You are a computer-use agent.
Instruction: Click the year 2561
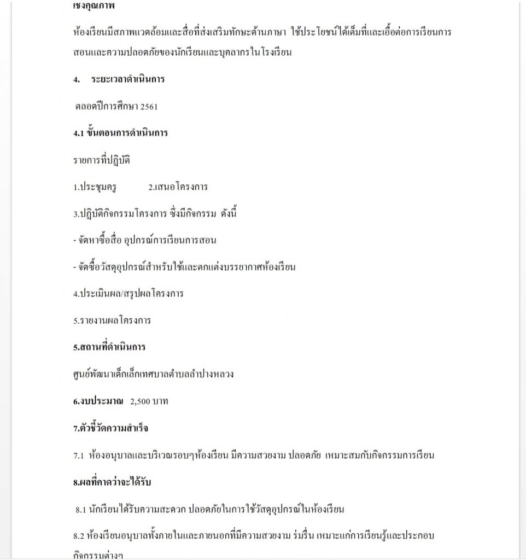pyautogui.click(x=149, y=107)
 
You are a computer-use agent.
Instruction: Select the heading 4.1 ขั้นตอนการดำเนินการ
pyautogui.click(x=120, y=133)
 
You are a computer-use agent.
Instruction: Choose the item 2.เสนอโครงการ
pyautogui.click(x=178, y=186)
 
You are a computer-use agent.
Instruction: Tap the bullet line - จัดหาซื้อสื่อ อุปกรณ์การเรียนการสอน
pyautogui.click(x=148, y=240)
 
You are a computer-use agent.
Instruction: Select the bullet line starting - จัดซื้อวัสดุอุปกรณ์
pyautogui.click(x=184, y=267)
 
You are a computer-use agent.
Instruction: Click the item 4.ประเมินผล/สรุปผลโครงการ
pyautogui.click(x=128, y=294)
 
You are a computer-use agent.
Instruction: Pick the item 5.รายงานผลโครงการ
pyautogui.click(x=112, y=320)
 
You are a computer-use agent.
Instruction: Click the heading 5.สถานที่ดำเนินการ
pyautogui.click(x=109, y=347)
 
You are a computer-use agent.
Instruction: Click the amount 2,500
pyautogui.click(x=141, y=401)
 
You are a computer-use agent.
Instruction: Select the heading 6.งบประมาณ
pyautogui.click(x=98, y=401)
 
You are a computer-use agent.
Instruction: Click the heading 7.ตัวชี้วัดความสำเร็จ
pyautogui.click(x=110, y=428)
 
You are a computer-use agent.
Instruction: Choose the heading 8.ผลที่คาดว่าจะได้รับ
pyautogui.click(x=112, y=482)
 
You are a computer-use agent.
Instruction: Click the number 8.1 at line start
pyautogui.click(x=81, y=509)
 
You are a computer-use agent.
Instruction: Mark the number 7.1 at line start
pyautogui.click(x=78, y=455)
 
